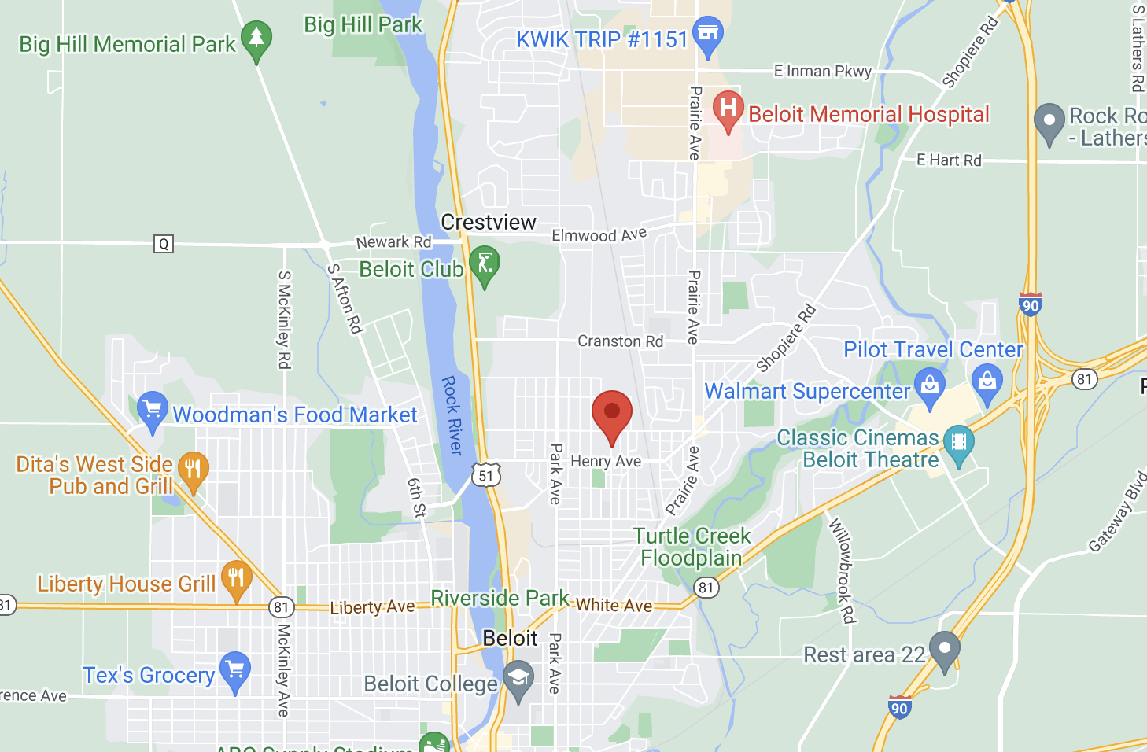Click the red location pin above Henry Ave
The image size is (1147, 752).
[612, 413]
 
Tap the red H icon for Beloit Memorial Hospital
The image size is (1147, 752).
[728, 109]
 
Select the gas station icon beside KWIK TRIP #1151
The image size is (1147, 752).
[708, 35]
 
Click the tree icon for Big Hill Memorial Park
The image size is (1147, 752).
[256, 39]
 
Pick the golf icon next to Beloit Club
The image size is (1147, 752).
[485, 264]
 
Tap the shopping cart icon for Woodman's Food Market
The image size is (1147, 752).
[152, 409]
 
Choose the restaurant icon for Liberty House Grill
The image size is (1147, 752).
[236, 578]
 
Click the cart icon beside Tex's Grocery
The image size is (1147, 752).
[235, 670]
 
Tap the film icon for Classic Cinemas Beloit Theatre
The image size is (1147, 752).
[958, 442]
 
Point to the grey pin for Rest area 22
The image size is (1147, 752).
[945, 650]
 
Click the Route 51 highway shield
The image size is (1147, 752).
[486, 475]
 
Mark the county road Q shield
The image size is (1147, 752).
[163, 244]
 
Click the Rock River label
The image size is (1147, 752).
[452, 415]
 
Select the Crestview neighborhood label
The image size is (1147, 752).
[489, 223]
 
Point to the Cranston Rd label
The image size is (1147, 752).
[620, 341]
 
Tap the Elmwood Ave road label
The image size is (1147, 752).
[599, 235]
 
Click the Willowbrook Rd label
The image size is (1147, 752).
[842, 570]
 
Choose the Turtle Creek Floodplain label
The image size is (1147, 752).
[692, 547]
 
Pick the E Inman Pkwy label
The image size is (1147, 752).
[823, 72]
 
